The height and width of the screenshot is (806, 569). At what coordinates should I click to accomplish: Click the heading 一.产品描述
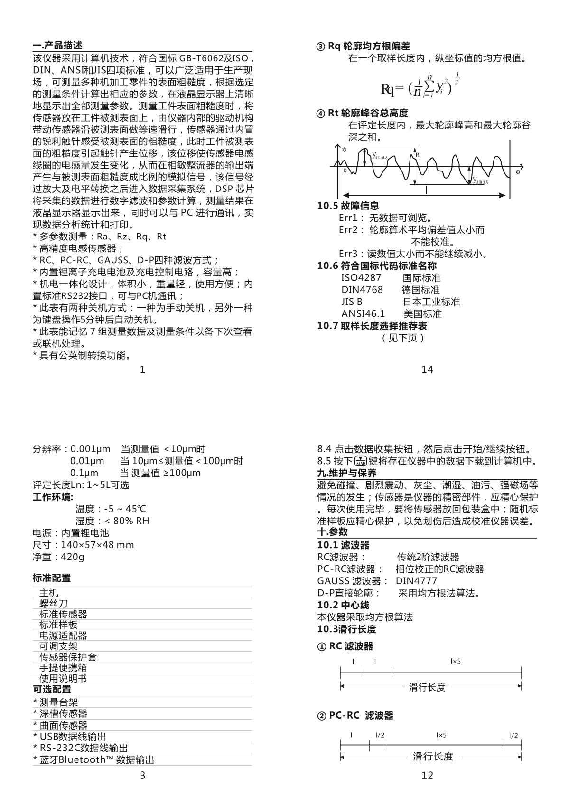coord(57,46)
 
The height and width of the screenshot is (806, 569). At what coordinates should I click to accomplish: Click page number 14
coord(427,370)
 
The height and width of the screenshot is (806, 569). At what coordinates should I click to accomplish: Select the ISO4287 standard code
coord(361,278)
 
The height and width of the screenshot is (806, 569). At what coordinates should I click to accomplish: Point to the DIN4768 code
coord(362,290)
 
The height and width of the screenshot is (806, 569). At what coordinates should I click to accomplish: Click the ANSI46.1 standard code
coord(363,314)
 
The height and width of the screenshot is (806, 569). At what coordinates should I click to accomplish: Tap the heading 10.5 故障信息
coord(348,206)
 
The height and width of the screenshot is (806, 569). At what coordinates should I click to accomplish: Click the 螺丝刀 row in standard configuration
coord(53,604)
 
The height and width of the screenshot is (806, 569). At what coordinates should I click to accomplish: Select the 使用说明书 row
coord(63,678)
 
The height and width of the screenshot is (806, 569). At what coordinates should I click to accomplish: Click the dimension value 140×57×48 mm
coord(97,545)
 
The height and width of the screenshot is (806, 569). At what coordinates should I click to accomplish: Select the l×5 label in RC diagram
coord(456,661)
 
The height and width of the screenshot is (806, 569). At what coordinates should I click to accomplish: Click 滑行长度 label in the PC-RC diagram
coord(433,757)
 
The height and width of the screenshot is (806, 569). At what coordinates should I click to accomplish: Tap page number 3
coord(142,776)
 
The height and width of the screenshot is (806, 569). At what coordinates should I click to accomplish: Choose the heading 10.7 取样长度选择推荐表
coord(372,326)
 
